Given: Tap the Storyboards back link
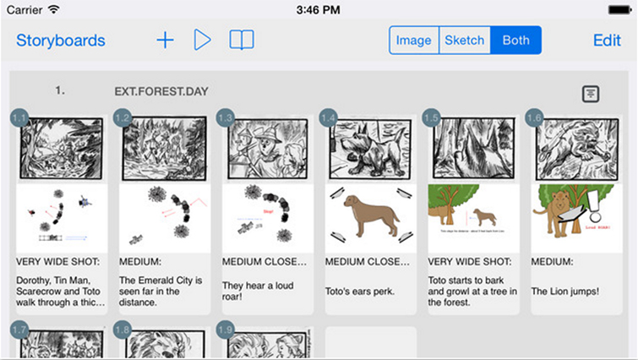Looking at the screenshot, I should (61, 41).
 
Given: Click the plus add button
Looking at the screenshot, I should (165, 40).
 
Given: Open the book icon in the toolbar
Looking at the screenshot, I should (242, 40).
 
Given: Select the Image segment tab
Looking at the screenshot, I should (414, 41).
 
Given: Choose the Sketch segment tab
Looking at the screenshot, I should (465, 41).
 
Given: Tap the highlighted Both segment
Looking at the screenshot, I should (515, 41).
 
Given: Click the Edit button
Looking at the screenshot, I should (607, 41).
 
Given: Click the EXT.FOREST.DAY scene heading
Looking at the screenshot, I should (161, 91).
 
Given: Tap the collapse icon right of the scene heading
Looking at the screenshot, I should (592, 94).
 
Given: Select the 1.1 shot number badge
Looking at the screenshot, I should (19, 118).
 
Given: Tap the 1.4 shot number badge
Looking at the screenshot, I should (329, 118).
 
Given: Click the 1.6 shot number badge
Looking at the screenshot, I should (534, 118).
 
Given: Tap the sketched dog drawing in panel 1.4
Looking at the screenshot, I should (369, 148).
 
